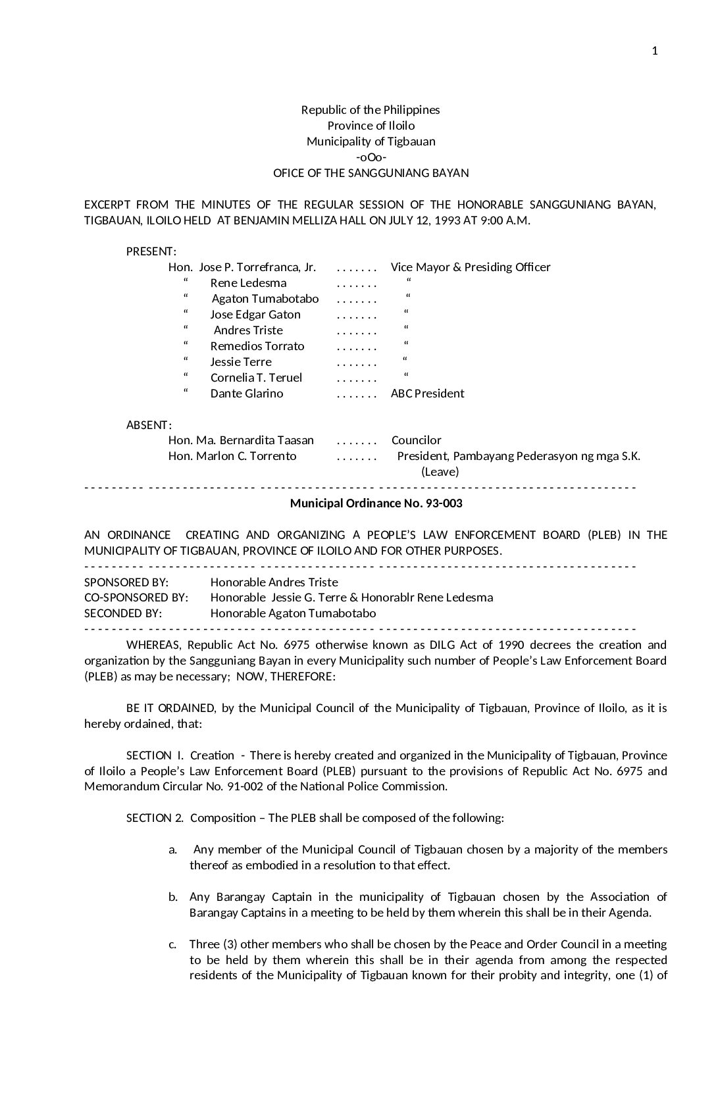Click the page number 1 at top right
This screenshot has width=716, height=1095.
coord(654,51)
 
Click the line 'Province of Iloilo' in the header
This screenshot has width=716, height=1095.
coord(371,126)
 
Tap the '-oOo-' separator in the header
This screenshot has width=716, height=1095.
coord(371,157)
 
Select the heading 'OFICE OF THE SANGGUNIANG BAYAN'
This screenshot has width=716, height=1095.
coord(371,173)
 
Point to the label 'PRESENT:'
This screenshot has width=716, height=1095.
coord(151,251)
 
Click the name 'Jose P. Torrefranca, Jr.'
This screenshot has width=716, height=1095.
coord(257,267)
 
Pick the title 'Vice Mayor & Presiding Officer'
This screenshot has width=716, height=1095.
coord(471,267)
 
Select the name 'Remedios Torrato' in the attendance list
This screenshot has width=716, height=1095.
coord(257,346)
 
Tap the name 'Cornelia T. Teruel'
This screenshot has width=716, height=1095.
coord(256,378)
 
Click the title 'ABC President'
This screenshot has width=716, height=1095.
coord(427,394)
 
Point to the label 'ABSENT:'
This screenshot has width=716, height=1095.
coord(149,425)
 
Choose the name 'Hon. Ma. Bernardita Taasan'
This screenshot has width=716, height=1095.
coord(241,440)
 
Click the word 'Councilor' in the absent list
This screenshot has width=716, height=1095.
coord(417,440)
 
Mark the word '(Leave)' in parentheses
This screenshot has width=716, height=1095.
coord(440,472)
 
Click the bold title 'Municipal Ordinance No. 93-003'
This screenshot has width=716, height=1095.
coord(376,503)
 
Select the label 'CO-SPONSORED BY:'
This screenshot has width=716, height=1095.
coord(136,598)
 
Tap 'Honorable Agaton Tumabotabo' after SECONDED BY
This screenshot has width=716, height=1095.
coord(294,613)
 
